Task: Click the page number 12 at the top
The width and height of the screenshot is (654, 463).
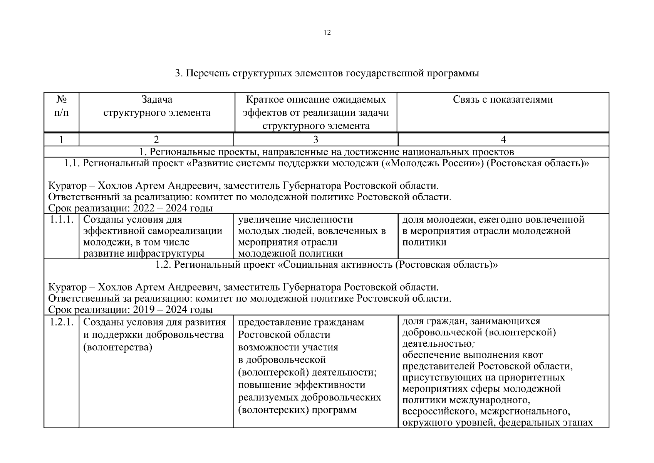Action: click(327, 32)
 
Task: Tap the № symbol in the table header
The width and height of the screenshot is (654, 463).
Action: click(61, 100)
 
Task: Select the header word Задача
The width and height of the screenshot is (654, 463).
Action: click(157, 100)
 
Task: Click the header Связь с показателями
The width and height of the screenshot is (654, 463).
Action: click(503, 100)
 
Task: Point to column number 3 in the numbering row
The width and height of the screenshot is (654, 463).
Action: click(315, 140)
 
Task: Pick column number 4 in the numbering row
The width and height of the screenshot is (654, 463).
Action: click(503, 140)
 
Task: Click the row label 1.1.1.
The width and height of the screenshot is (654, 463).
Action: click(61, 220)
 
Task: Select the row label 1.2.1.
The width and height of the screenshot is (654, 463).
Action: click(61, 322)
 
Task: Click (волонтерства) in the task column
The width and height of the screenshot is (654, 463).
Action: click(118, 347)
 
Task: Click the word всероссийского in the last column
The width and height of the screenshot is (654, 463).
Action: click(438, 411)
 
